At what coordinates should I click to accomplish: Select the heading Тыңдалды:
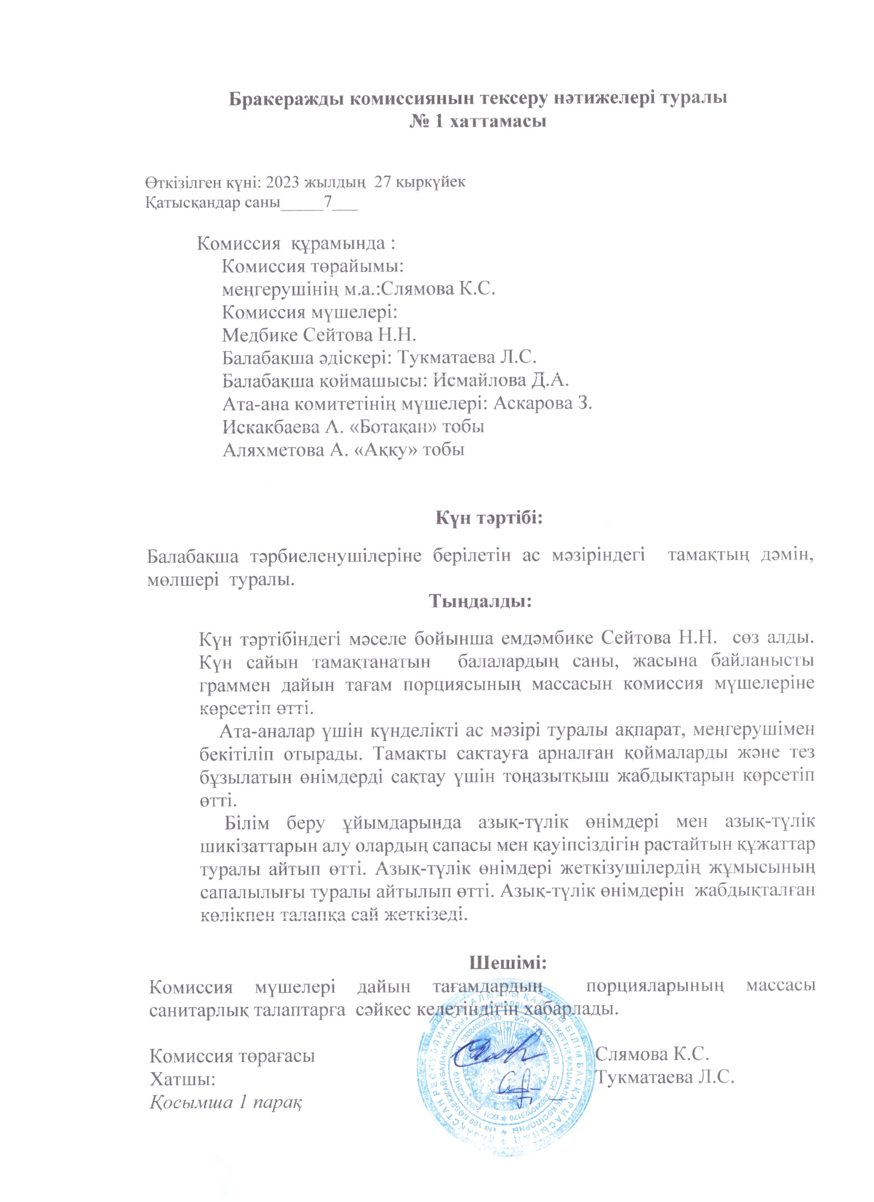click(480, 602)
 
